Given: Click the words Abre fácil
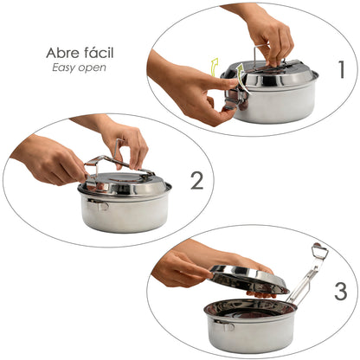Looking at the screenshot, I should (x=80, y=53).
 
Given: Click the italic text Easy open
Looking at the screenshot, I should (x=80, y=67).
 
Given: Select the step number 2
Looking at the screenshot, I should (x=196, y=180).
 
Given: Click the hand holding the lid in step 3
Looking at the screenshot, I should (x=186, y=268).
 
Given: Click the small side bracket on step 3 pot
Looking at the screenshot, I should (x=224, y=325).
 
